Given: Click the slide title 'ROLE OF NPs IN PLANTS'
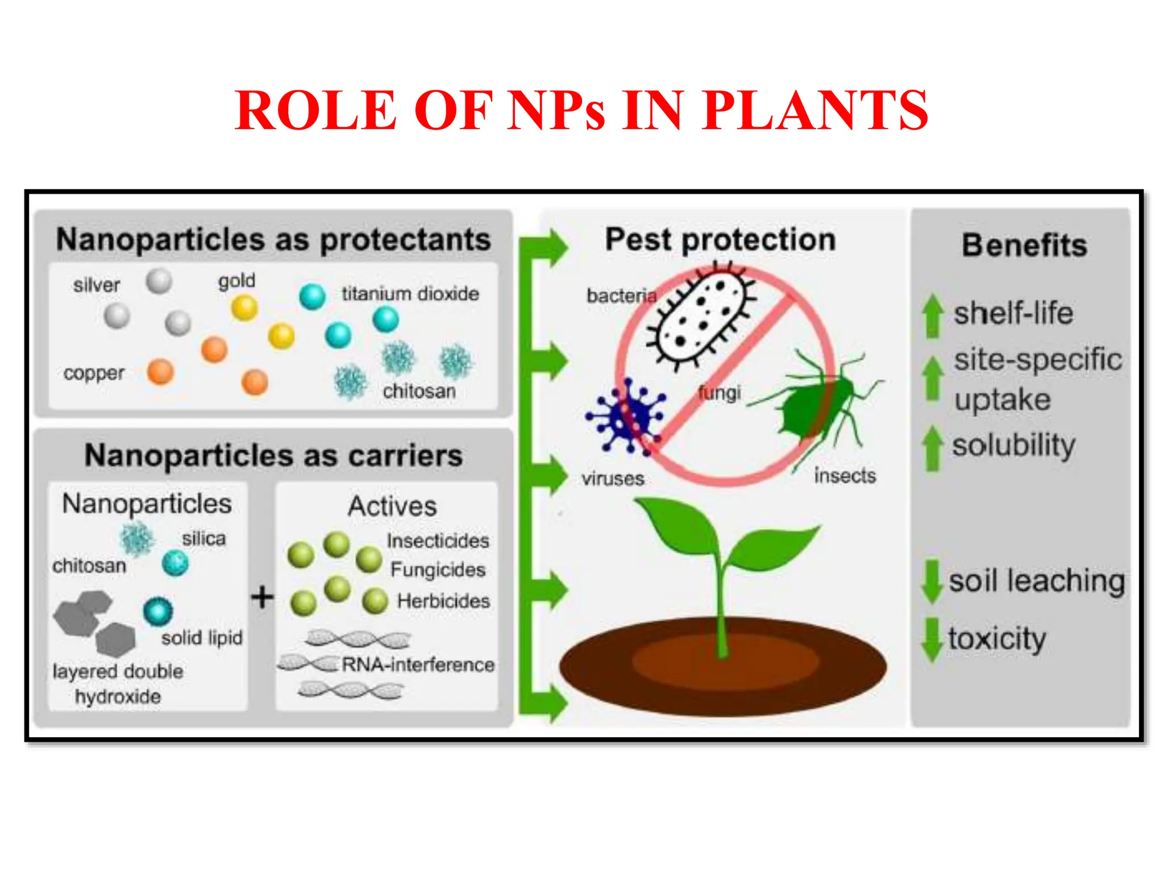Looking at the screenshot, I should coord(581,110).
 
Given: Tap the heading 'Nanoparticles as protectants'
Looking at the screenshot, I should coord(273,239).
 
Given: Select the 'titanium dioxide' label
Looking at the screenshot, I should coord(410,294).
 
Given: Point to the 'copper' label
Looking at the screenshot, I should coord(94,373).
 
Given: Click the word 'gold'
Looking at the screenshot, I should coord(237,281).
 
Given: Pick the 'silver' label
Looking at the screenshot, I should coord(97,285).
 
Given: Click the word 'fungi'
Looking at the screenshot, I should coord(720,393).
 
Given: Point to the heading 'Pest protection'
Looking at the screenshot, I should coord(720,239).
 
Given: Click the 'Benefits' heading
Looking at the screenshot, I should coord(1024,246).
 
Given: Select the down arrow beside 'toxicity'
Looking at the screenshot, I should coord(931,639).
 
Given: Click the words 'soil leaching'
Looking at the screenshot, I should coord(1037,581).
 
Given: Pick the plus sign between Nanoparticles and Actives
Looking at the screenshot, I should coord(262,597).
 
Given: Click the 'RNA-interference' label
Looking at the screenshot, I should coord(418,664).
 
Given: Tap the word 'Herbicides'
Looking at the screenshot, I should coord(443,601).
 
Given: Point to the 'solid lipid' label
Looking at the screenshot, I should coord(202,638).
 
